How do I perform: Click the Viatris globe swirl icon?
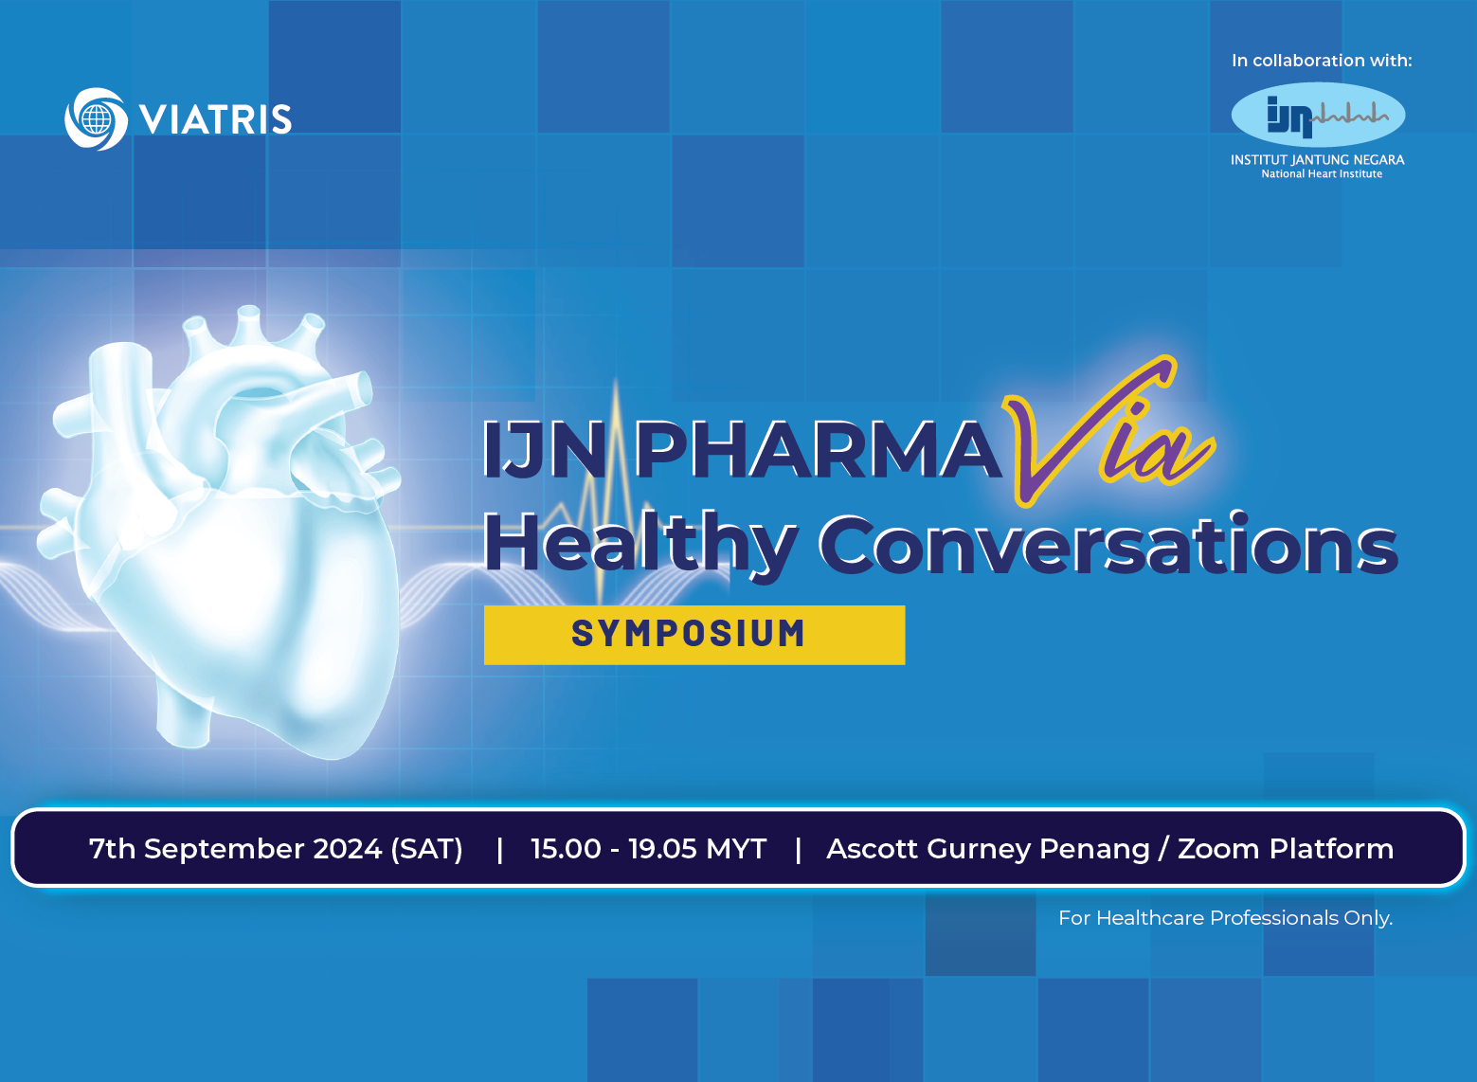tap(97, 118)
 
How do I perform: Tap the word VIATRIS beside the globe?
tap(216, 119)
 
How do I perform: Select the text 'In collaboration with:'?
tap(1322, 61)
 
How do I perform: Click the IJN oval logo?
tap(1319, 115)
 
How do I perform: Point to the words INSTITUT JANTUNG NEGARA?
tap(1318, 159)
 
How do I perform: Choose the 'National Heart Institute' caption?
tap(1322, 174)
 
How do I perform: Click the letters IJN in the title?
tap(544, 449)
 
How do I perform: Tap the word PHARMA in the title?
tap(819, 449)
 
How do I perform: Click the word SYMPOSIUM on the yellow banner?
tap(689, 634)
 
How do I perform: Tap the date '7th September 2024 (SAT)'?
tap(276, 849)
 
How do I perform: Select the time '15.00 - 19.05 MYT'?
tap(649, 849)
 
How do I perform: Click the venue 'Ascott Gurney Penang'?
tap(988, 849)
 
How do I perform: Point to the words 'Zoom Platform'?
tap(1286, 849)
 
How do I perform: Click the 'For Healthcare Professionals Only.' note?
tap(1226, 918)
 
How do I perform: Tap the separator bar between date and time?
tap(500, 849)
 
